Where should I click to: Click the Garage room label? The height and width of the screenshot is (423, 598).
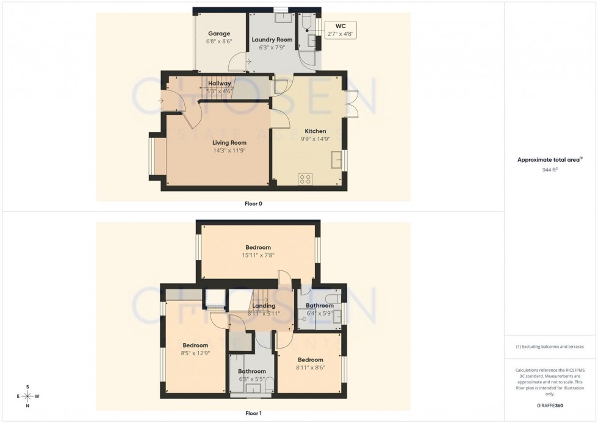coord(218,34)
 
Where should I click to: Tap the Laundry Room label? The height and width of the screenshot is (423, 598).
coord(272,39)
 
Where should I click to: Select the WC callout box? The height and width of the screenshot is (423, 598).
coord(340,30)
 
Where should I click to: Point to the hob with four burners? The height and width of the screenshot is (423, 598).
coord(305,179)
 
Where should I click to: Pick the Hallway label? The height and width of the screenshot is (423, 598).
coord(220,84)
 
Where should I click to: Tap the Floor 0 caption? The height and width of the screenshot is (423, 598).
coord(253,204)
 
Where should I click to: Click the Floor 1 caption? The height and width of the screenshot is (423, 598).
coord(253,413)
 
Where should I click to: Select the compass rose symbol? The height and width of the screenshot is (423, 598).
coord(27,396)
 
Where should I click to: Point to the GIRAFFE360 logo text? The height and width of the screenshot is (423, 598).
coord(551,405)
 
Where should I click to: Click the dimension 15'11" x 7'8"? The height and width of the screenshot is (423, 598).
coord(258,255)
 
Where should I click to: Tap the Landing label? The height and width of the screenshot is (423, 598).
coord(264,306)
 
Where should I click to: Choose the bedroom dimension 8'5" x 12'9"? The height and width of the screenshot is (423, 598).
coord(196,353)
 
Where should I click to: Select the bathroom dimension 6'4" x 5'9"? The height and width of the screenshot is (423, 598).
coord(320,313)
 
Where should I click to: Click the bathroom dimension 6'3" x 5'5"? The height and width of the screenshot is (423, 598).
coord(251,379)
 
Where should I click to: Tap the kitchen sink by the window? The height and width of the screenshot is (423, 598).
coord(336,161)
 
